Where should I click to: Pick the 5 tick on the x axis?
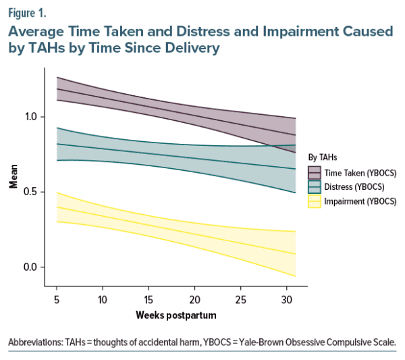click(57, 299)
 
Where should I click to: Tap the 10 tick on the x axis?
click(103, 299)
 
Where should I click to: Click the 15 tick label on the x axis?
click(148, 299)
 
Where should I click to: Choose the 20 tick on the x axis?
click(194, 299)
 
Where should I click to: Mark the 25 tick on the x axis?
click(240, 299)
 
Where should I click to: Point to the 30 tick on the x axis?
click(286, 299)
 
